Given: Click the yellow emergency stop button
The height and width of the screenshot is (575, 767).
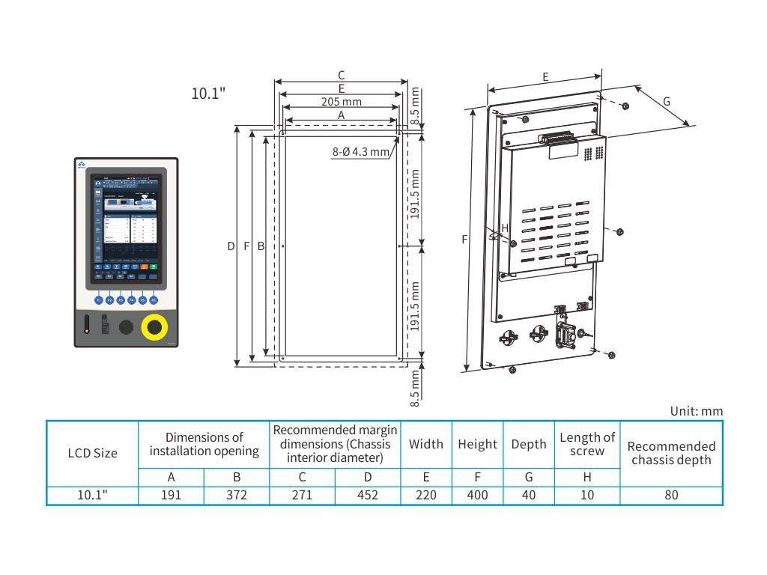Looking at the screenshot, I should pos(154,327).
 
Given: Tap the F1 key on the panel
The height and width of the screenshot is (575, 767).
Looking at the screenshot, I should pos(98,299).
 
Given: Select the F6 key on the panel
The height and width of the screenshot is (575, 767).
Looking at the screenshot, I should pos(154,299).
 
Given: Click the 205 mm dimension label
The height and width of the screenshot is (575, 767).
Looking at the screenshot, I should pos(341,101).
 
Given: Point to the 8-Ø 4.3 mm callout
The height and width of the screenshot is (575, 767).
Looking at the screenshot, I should pos(361,151).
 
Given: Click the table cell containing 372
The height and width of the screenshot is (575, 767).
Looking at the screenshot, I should pos(237,495).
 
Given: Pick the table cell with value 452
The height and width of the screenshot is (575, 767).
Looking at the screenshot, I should pos(368,495).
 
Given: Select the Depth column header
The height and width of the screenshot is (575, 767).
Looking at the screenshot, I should pos(529,444).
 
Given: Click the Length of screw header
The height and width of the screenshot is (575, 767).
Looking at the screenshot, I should pos(587,443).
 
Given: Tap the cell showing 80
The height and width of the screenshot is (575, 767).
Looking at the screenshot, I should pos(671,495).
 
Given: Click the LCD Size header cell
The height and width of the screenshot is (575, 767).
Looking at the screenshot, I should pos(93,453).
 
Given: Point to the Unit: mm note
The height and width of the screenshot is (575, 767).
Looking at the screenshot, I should pos(697,411).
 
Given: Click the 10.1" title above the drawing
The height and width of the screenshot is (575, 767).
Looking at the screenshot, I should pos(209,94).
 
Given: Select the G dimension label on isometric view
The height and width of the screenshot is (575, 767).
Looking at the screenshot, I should pos(666,101).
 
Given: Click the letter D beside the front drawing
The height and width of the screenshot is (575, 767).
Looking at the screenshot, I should pos(231,246).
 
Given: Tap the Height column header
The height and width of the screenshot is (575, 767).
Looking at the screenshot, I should pos(477,444).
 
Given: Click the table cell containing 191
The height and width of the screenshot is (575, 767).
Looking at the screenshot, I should pos(171,495).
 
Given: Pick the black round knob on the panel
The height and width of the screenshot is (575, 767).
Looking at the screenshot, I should pos(127,327).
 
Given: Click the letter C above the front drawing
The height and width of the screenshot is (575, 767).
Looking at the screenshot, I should pos(341,75).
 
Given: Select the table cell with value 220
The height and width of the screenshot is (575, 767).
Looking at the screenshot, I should pos(425,495).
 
